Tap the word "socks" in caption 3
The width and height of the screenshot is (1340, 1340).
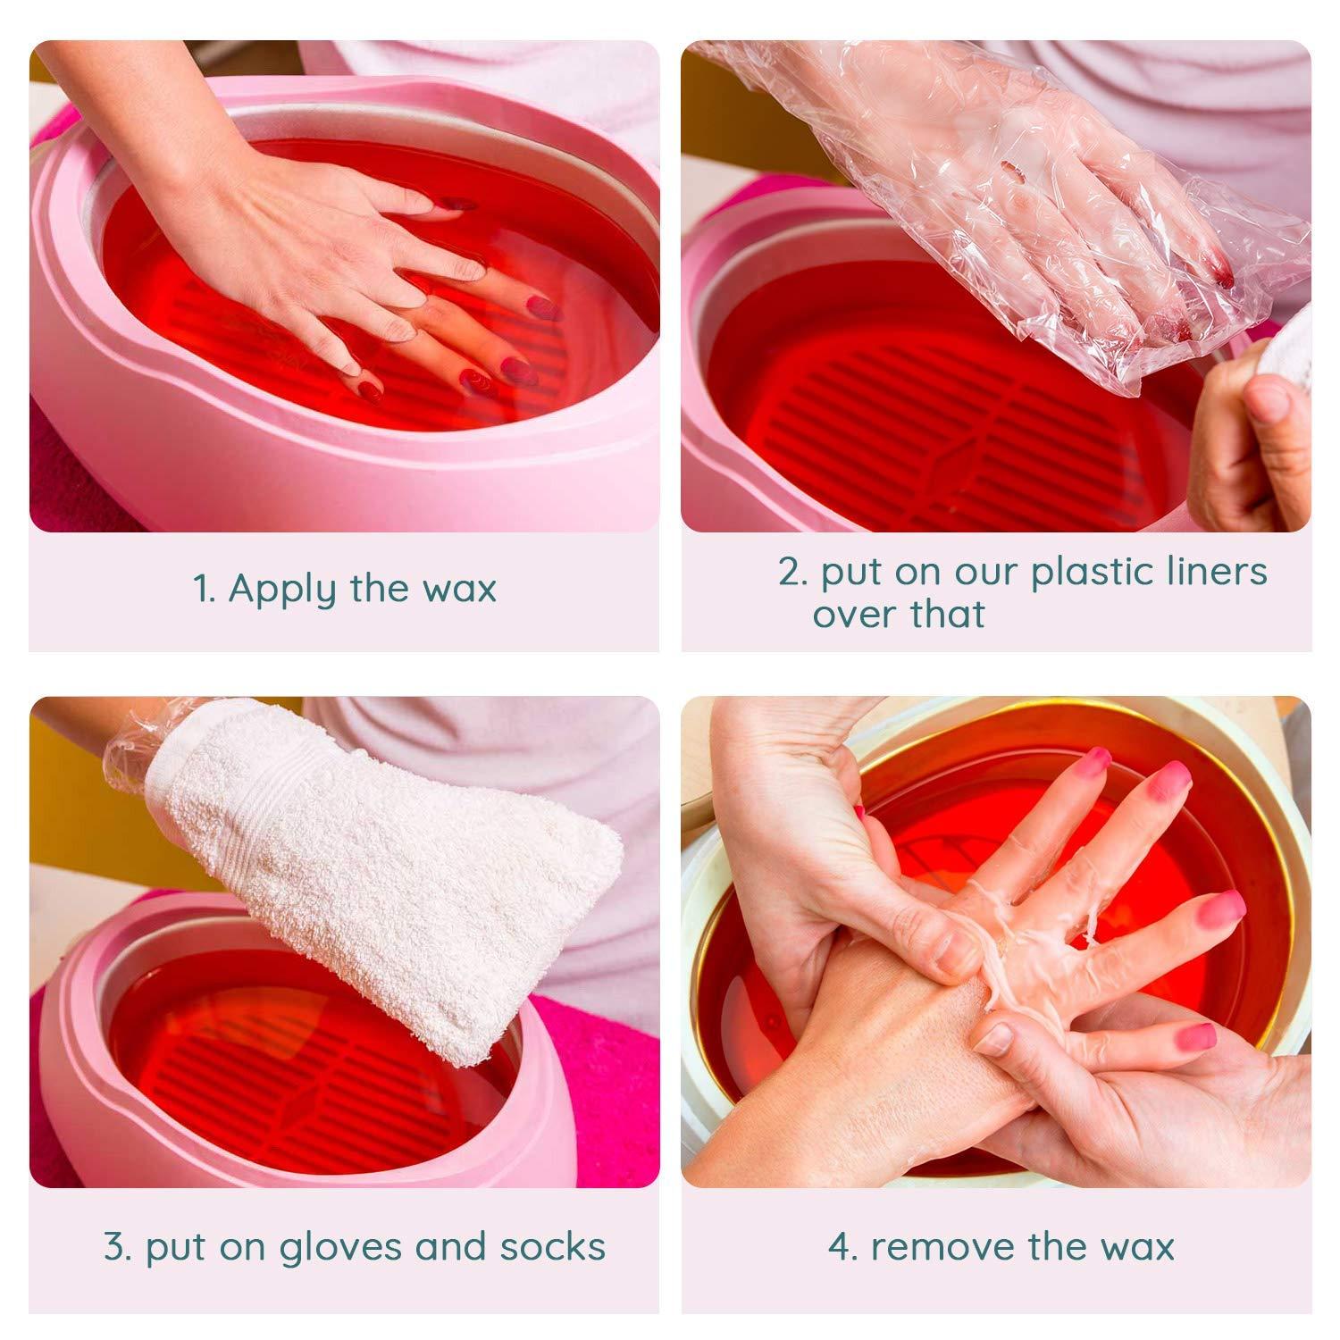point(552,1247)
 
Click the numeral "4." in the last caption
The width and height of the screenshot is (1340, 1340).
point(842,1247)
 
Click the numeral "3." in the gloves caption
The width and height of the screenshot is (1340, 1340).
point(118,1247)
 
